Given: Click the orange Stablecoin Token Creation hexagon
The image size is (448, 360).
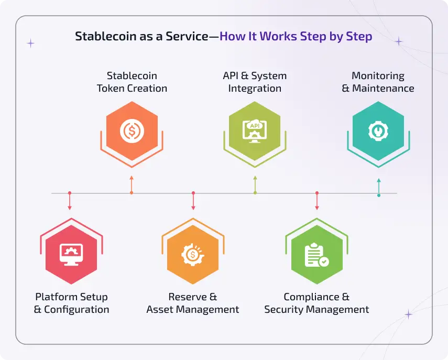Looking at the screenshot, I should [132, 130].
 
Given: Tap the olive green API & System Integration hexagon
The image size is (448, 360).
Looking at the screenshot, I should [255, 130].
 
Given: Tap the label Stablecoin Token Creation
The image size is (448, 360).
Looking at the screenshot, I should [132, 82].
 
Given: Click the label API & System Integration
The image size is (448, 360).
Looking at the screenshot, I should [255, 82].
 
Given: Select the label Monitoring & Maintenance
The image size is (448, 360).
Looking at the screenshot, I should [378, 82].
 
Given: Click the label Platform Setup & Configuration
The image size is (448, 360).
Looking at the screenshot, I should [71, 303].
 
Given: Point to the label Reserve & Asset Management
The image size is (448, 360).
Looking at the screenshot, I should [193, 303].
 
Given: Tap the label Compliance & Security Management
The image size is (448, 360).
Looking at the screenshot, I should [316, 303].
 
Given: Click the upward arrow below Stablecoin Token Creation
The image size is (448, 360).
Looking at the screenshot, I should [132, 184].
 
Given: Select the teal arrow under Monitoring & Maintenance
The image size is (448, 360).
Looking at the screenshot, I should [379, 186].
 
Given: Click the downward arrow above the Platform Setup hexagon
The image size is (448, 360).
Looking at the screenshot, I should [70, 202].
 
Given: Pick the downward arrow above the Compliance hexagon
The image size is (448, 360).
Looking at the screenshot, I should [317, 202].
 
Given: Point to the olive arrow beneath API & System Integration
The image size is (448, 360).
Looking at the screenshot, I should [255, 184].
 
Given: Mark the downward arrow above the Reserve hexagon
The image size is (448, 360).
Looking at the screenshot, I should [193, 202].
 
